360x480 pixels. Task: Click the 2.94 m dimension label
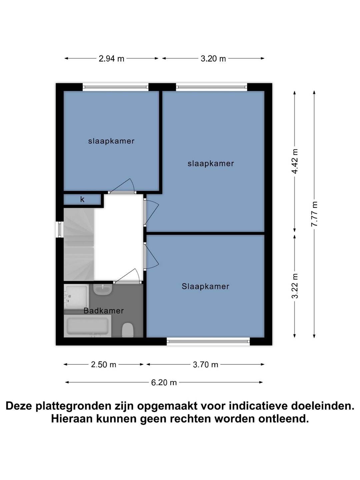(x=111, y=59)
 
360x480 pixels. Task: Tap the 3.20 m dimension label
(x=213, y=59)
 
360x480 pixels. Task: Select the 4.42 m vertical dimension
(x=295, y=161)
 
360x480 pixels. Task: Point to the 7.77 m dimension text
(x=314, y=214)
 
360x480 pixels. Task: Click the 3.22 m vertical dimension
(x=295, y=286)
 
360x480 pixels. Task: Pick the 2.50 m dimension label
(x=103, y=365)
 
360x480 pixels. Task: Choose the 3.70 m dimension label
(x=205, y=365)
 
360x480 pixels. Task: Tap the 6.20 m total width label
(x=164, y=382)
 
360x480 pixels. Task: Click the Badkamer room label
(x=104, y=311)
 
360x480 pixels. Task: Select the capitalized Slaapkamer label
(x=205, y=286)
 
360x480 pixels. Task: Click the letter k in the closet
(x=82, y=199)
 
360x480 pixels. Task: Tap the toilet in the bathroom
(x=128, y=330)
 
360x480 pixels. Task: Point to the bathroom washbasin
(x=103, y=290)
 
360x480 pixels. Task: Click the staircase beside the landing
(x=79, y=244)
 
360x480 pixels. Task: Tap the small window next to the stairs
(x=60, y=229)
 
